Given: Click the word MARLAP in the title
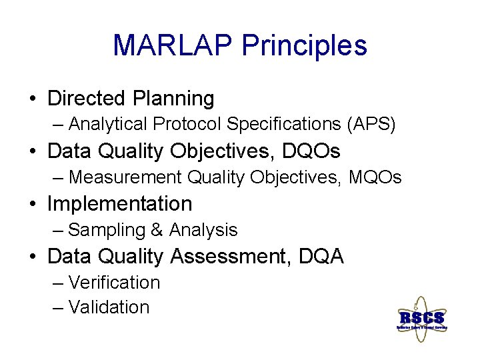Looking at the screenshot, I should (173, 45).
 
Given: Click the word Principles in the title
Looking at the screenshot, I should (305, 45).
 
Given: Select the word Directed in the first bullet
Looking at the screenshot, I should (87, 99).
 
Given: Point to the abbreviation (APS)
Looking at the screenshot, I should (371, 124).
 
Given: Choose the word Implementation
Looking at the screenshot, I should (119, 203).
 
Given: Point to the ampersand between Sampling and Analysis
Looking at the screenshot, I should (157, 230).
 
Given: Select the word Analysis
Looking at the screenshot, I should (203, 230).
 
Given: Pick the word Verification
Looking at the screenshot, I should (114, 283).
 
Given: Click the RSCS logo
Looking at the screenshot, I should (421, 318).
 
